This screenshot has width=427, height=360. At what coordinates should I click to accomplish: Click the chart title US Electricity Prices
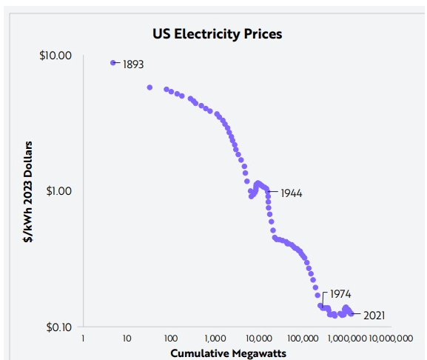click(218, 34)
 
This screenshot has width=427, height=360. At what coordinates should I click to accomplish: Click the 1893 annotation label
click(133, 64)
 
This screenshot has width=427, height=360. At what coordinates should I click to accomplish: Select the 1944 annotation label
click(292, 193)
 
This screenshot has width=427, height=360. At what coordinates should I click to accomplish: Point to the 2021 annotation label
click(374, 316)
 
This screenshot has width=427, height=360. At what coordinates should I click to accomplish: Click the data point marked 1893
click(113, 63)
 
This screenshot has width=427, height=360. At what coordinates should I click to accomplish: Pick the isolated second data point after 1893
click(149, 87)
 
